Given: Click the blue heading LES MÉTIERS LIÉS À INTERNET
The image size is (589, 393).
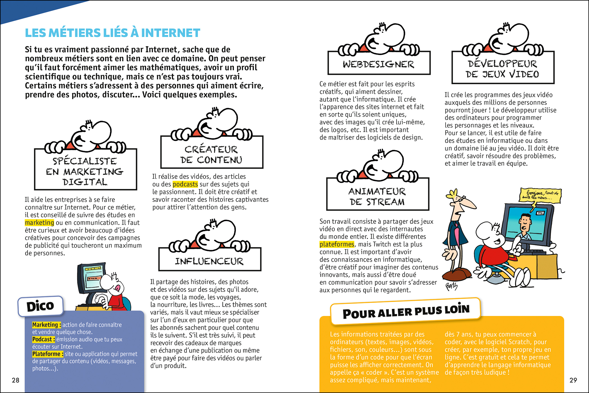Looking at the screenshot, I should coord(112,33).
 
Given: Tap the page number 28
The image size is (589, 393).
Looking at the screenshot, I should coord(15,380).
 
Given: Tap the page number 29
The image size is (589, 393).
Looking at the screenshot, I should coord(573,380).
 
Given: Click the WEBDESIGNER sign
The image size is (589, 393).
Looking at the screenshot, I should coord(379,64).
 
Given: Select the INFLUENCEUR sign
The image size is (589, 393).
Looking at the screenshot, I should coord(210,261).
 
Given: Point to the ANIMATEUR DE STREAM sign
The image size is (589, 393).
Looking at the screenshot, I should coord(378,196).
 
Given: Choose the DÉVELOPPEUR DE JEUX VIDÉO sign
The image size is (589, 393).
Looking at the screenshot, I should coord(503,69).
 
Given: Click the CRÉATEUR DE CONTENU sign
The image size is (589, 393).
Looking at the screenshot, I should coord(211,154).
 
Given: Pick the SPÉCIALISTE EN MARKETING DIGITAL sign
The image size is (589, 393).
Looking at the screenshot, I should coord(85,171).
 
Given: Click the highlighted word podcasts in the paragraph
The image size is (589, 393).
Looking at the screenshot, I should coord(185,184).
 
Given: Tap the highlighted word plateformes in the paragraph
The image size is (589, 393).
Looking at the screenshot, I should coord(337,244).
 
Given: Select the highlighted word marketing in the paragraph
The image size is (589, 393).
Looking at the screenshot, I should coord(39,223).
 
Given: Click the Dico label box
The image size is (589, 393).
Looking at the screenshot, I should coord(40,306).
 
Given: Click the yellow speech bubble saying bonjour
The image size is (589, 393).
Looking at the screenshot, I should coord(540,195).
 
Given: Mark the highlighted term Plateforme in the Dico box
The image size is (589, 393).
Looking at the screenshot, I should coord(47,354).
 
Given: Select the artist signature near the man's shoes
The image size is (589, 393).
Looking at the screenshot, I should coord(452,286).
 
